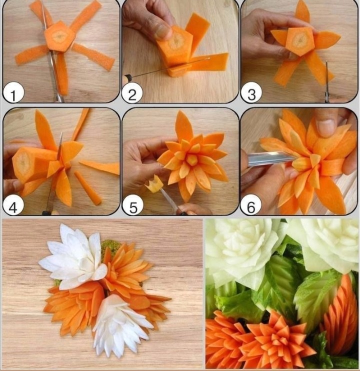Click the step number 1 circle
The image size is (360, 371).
tap(13, 93)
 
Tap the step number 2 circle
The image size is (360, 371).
tap(132, 93)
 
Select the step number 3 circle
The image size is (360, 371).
tap(251, 93)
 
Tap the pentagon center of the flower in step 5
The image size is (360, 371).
tap(192, 160)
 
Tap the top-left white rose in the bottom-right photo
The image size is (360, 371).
tap(243, 251)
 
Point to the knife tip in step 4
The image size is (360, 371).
tap(61, 133)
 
